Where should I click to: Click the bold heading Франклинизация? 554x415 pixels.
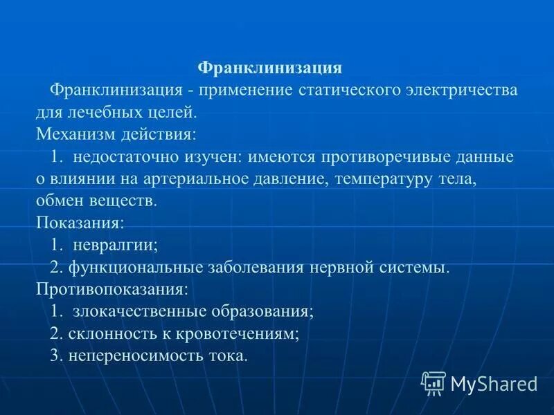[x=270, y=68]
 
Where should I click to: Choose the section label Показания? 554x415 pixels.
[x=80, y=223]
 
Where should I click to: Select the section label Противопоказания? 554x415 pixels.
[x=111, y=290]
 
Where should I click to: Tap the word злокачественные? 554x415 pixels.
[x=141, y=312]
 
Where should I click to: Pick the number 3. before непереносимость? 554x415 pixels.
[x=57, y=356]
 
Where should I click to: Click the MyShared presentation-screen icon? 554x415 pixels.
[x=434, y=382]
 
